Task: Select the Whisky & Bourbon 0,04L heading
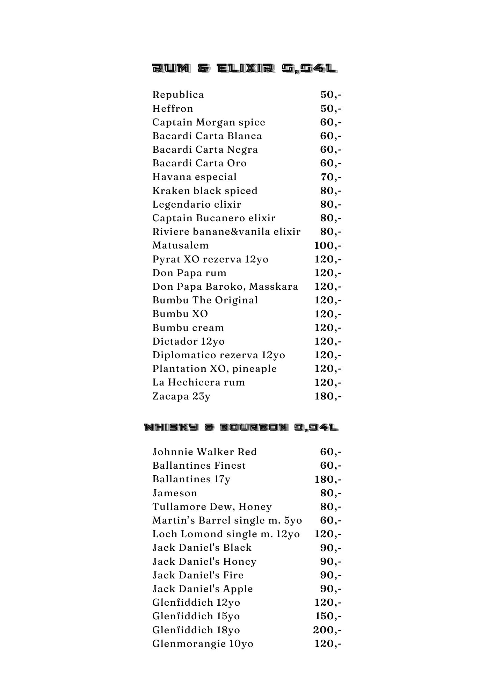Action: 241,427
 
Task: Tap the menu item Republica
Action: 178,95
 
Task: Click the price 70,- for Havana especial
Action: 331,177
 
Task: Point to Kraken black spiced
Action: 205,191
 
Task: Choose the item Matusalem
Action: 180,245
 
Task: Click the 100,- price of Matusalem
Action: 328,245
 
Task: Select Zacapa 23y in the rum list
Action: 181,396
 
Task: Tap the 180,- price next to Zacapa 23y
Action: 328,396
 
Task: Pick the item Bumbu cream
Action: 188,327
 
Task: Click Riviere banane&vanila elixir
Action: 226,232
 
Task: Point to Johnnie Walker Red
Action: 204,452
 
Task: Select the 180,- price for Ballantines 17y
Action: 328,479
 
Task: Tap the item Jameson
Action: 175,493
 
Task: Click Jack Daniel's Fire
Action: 198,575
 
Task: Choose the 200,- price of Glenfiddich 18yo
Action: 327,630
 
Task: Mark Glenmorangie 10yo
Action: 203,643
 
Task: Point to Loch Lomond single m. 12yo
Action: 226,534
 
